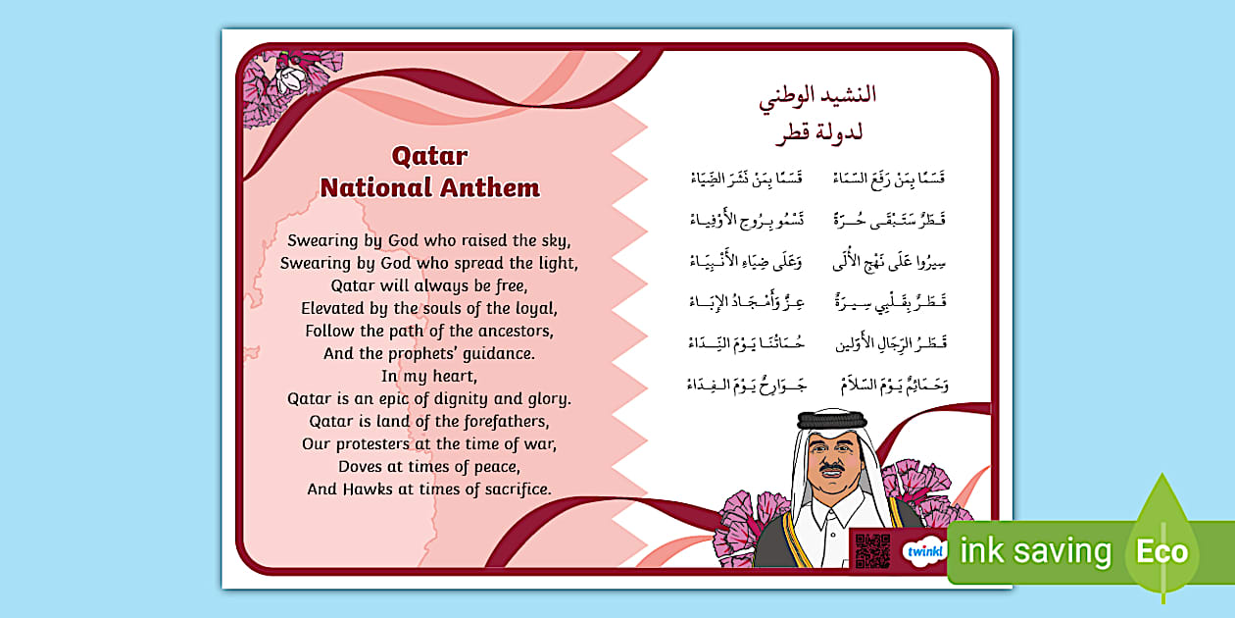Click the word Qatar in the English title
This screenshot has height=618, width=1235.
click(x=429, y=156)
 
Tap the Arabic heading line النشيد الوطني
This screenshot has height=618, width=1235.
click(x=817, y=95)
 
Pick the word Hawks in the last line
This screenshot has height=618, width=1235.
click(x=369, y=489)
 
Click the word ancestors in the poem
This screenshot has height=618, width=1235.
click(x=511, y=331)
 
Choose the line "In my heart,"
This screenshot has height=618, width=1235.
click(x=429, y=376)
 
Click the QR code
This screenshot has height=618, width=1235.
click(x=871, y=550)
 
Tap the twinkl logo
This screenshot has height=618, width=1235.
click(x=923, y=551)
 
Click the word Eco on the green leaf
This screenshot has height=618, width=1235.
click(x=1161, y=551)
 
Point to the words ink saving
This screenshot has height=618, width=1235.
click(x=1037, y=551)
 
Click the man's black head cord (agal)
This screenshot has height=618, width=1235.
click(x=832, y=420)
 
